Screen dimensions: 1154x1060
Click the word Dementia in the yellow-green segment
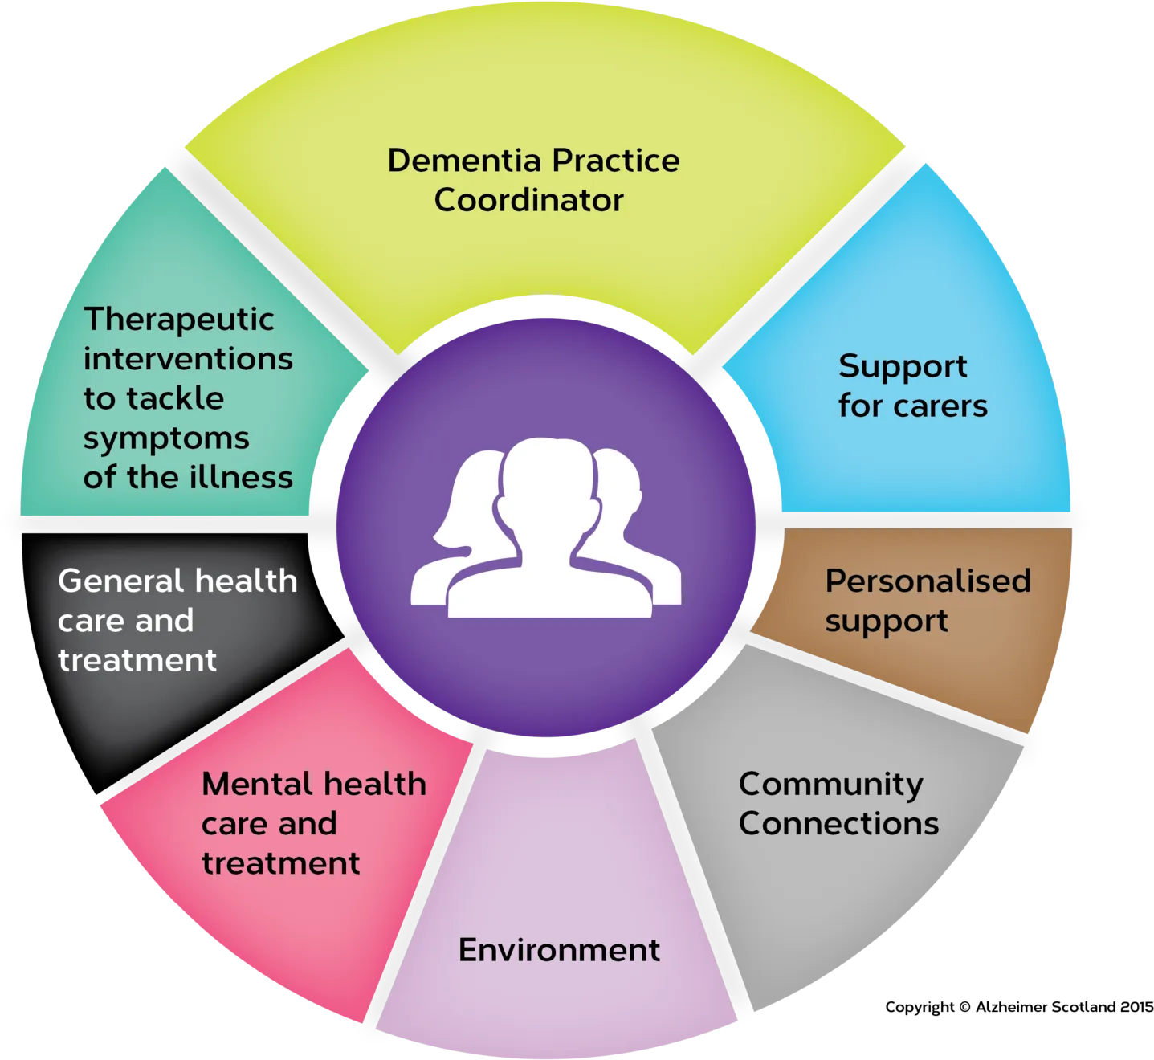pyautogui.click(x=464, y=160)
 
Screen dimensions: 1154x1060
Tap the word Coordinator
pyautogui.click(x=528, y=200)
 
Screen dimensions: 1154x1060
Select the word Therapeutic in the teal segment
pyautogui.click(x=178, y=320)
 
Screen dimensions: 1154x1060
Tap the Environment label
pyautogui.click(x=559, y=949)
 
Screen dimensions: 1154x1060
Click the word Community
pyautogui.click(x=830, y=785)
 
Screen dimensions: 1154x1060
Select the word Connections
pyautogui.click(x=838, y=823)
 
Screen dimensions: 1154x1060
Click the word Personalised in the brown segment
pyautogui.click(x=928, y=581)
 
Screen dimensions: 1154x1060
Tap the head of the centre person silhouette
pyautogui.click(x=548, y=478)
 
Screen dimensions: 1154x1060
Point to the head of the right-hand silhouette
pyautogui.click(x=618, y=480)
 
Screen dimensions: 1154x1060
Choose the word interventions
pyautogui.click(x=188, y=359)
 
